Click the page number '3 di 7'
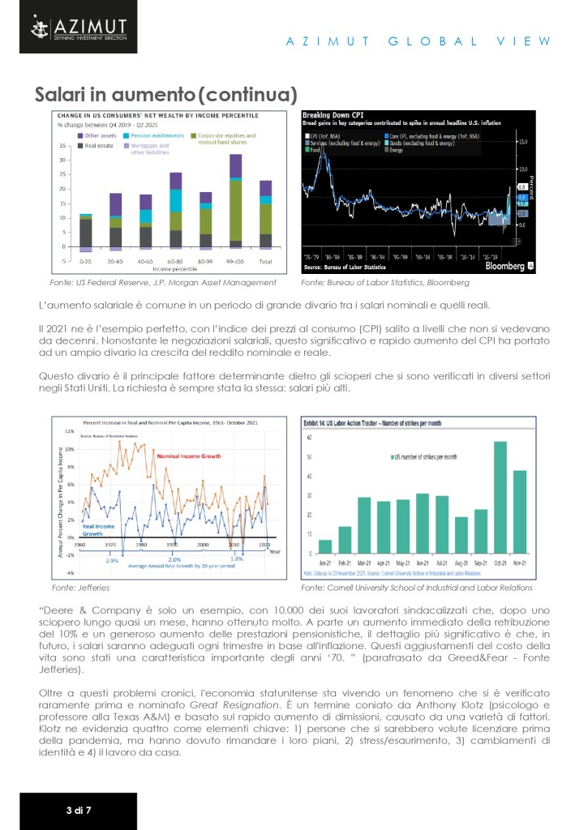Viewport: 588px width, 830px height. (x=79, y=809)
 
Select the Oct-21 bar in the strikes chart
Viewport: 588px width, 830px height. (x=500, y=497)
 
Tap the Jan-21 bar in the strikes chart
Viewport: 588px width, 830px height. (x=325, y=546)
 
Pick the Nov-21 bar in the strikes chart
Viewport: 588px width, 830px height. (x=520, y=511)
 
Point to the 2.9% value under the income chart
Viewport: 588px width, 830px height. (x=113, y=560)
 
